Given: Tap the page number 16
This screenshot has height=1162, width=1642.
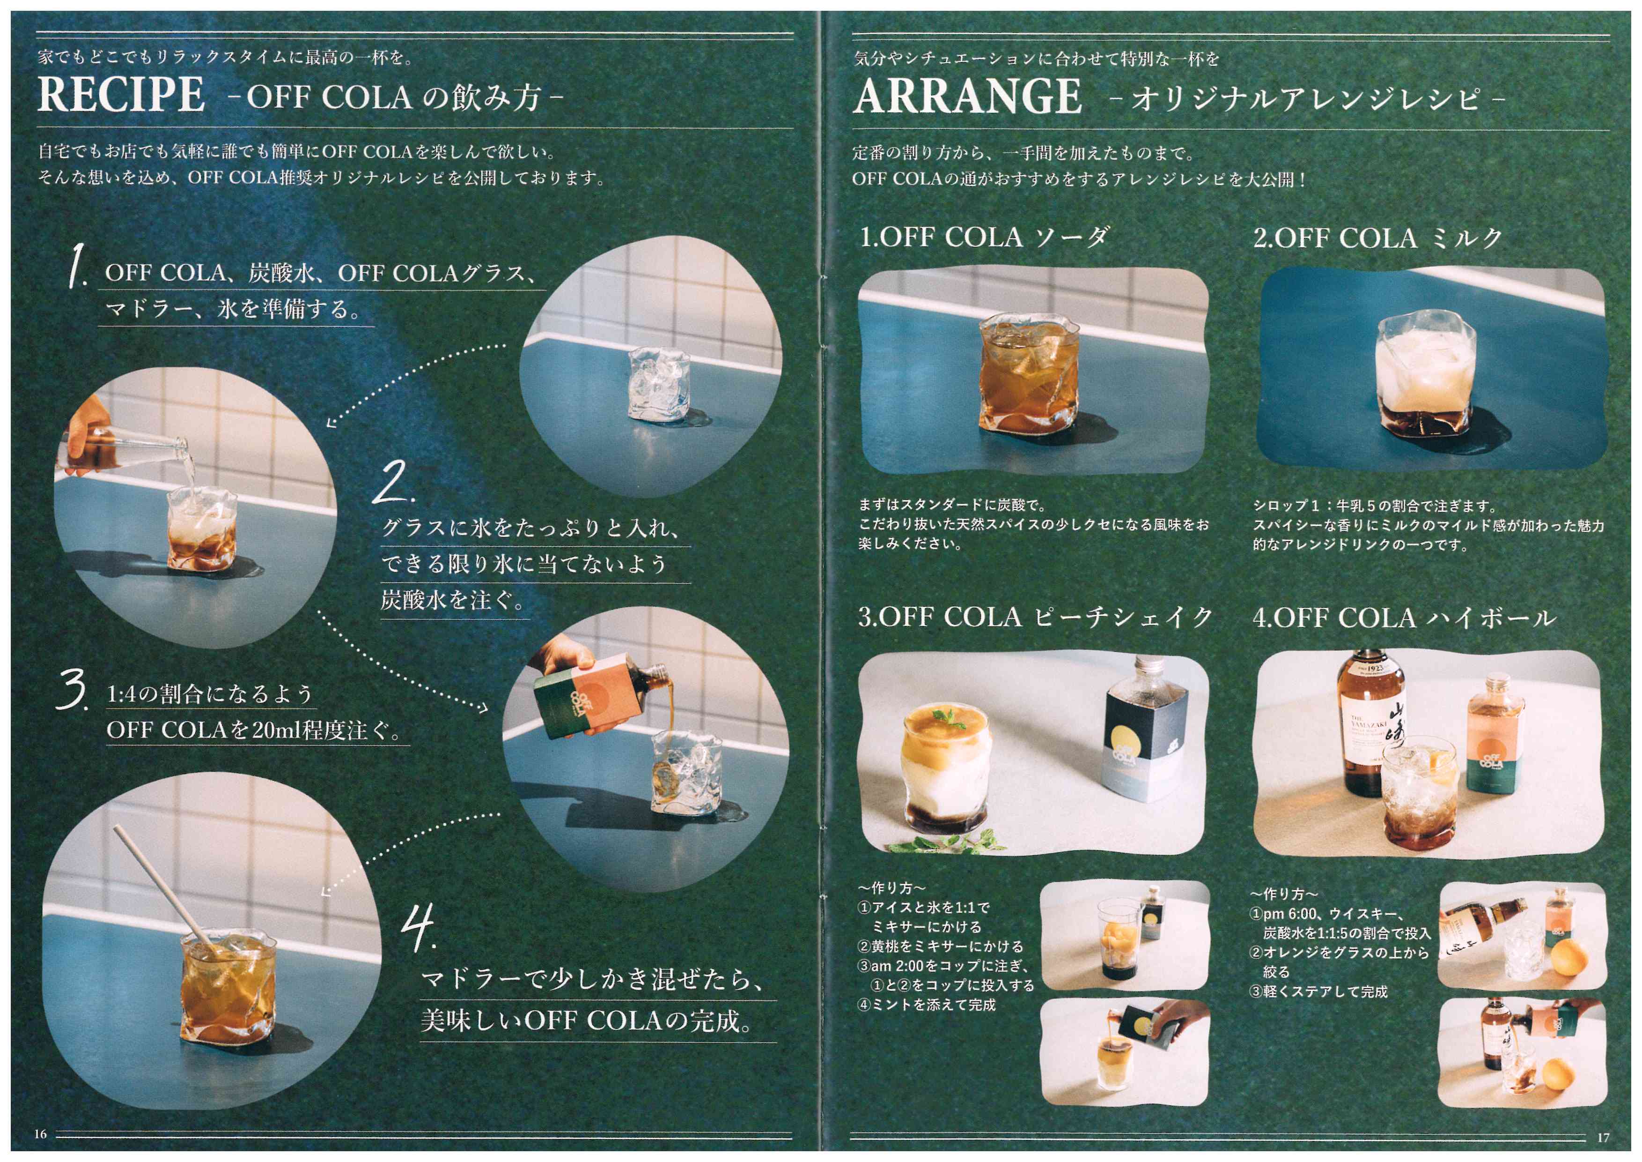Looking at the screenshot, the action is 41,1134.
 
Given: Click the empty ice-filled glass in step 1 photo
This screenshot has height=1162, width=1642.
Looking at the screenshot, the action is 655,383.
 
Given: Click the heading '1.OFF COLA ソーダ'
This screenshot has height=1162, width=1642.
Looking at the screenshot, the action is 984,237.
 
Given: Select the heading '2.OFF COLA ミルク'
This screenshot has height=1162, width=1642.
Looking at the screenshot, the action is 1377,238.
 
